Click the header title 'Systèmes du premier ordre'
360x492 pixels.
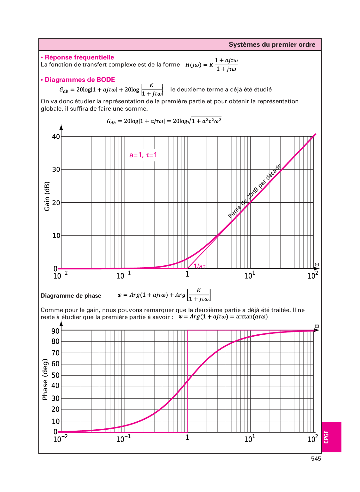272,44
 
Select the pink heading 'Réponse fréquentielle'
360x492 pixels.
79,57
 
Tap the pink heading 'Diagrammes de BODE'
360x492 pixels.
79,80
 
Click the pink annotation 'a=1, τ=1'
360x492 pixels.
143,155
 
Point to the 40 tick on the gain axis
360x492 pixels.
56,137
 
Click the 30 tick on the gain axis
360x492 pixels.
56,169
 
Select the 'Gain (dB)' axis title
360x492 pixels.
47,196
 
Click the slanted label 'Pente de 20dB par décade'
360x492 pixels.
255,191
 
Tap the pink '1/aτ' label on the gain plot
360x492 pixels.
199,266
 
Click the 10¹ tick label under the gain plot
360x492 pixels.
250,275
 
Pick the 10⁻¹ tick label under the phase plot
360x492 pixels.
124,439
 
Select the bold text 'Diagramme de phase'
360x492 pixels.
71,296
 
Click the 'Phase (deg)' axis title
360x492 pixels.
45,379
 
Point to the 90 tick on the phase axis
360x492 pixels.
56,331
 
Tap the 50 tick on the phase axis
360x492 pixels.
56,375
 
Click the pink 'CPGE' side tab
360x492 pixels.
326,437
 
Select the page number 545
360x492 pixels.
316,459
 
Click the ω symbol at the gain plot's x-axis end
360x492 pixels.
317,265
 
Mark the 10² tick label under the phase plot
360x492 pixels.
313,439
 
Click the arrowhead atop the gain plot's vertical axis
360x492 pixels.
61,127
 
